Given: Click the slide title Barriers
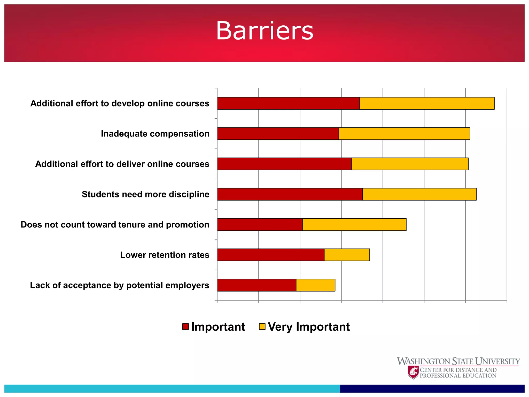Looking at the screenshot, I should click(264, 31).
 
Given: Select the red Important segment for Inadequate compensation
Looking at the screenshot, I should click(278, 134).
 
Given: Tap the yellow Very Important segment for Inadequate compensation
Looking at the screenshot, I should click(404, 134).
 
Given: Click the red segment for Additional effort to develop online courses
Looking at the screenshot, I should click(288, 103).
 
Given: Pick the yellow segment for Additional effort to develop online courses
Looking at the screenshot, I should click(427, 103).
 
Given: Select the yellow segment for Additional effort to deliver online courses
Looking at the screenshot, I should click(410, 164).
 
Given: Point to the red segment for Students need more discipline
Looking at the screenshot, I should click(290, 194).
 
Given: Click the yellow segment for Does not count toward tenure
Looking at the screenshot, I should click(354, 224).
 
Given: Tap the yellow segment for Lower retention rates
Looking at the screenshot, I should click(347, 255).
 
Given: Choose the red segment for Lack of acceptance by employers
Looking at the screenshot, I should click(257, 285).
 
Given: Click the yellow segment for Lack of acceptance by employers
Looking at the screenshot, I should click(316, 285).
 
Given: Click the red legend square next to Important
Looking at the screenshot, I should click(185, 327).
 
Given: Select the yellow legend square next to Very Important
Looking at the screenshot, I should click(262, 327).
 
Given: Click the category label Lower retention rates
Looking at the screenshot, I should click(165, 255).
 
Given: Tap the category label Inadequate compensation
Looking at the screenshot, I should click(155, 134).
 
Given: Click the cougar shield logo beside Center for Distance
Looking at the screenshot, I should click(413, 372).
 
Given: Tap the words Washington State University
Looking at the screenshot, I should click(458, 361).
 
